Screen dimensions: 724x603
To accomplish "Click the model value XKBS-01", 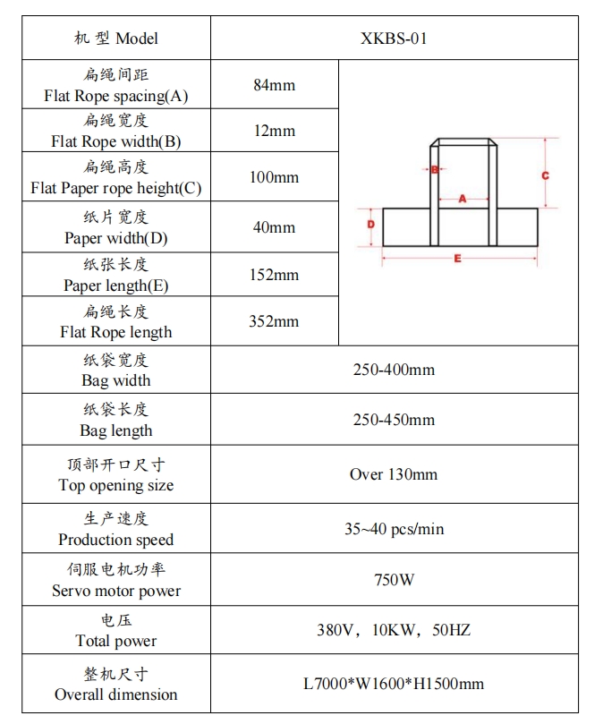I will pyautogui.click(x=394, y=38).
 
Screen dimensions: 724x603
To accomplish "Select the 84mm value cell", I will pyautogui.click(x=274, y=85).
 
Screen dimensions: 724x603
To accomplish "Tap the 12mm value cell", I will pyautogui.click(x=274, y=131).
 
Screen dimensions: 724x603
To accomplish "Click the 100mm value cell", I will pyautogui.click(x=274, y=177).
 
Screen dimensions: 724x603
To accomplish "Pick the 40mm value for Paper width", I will pyautogui.click(x=274, y=227).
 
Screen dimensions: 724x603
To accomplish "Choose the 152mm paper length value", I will pyautogui.click(x=274, y=275).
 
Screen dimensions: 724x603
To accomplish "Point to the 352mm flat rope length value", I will pyautogui.click(x=274, y=321).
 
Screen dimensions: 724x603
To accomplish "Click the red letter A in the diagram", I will pyautogui.click(x=463, y=199).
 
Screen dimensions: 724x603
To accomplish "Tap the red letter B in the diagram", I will pyautogui.click(x=434, y=169).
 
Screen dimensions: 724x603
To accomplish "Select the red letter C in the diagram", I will pyautogui.click(x=545, y=176).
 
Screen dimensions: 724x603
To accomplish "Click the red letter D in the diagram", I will pyautogui.click(x=370, y=226).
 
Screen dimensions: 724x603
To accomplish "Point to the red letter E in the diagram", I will pyautogui.click(x=458, y=259).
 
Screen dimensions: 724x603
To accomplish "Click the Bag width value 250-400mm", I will pyautogui.click(x=394, y=370).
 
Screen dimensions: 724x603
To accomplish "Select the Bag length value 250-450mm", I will pyautogui.click(x=394, y=420).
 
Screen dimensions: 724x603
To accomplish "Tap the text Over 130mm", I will pyautogui.click(x=394, y=474).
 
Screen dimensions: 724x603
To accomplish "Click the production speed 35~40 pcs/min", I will pyautogui.click(x=394, y=529).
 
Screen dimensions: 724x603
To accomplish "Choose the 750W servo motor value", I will pyautogui.click(x=394, y=580).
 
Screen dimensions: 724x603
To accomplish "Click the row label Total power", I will pyautogui.click(x=116, y=641).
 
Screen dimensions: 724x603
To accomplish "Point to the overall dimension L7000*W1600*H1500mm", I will pyautogui.click(x=394, y=684).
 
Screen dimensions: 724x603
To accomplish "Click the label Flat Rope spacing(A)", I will pyautogui.click(x=116, y=96).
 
